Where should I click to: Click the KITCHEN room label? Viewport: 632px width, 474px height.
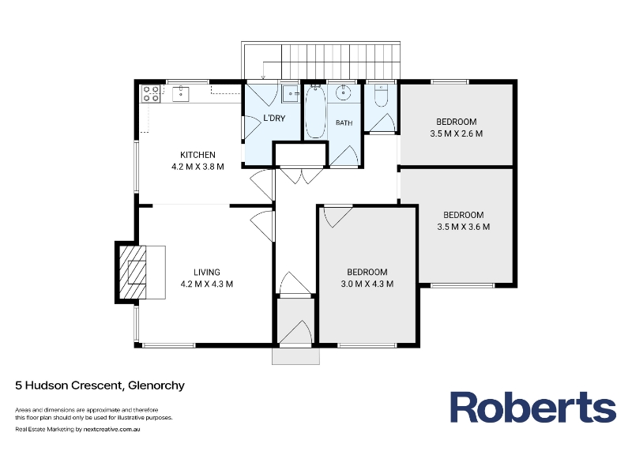point(197,155)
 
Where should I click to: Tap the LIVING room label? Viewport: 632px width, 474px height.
point(207,272)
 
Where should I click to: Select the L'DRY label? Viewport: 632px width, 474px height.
point(274,118)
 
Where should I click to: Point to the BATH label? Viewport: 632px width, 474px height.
point(344,122)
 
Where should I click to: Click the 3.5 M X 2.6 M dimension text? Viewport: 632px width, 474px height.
point(457,134)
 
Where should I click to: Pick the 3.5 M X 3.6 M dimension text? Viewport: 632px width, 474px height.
point(464,227)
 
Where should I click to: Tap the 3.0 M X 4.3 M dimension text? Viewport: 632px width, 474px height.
point(367,284)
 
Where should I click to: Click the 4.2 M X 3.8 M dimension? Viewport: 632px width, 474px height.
point(197,167)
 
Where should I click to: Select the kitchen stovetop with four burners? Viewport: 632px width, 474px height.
point(150,93)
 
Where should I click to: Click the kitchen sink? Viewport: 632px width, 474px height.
point(181,93)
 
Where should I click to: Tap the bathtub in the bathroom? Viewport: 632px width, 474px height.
point(315,112)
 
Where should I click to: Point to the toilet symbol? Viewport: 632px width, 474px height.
point(381,96)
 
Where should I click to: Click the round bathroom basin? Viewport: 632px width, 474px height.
point(344,92)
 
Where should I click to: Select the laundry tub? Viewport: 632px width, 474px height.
point(290,93)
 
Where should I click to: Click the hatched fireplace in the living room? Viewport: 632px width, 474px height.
point(132,272)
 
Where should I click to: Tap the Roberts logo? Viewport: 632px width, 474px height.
point(532,407)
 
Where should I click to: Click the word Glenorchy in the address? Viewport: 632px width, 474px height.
point(156,386)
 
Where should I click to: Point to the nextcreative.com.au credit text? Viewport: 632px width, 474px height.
point(111,429)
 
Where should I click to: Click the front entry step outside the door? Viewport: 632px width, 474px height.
point(295,356)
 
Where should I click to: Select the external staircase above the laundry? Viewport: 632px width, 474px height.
point(321,60)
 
